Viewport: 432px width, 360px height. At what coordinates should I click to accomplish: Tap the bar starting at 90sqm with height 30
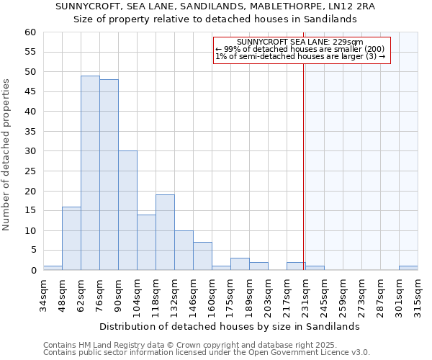point(127,210)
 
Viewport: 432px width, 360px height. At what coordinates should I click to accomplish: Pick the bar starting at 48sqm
point(71,238)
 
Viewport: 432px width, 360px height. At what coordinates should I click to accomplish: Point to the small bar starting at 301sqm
point(408,268)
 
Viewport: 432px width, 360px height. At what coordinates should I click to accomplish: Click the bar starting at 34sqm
point(53,268)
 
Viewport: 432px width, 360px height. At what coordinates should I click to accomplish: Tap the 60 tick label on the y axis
point(30,32)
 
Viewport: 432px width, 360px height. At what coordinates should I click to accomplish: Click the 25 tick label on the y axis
point(30,171)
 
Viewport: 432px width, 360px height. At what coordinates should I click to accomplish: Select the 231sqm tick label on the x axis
point(305,295)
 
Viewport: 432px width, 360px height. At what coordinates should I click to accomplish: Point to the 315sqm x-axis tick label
point(418,295)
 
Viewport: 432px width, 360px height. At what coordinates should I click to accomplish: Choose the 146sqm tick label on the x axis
point(193,295)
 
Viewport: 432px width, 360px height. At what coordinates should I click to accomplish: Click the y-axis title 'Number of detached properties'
point(7,155)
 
